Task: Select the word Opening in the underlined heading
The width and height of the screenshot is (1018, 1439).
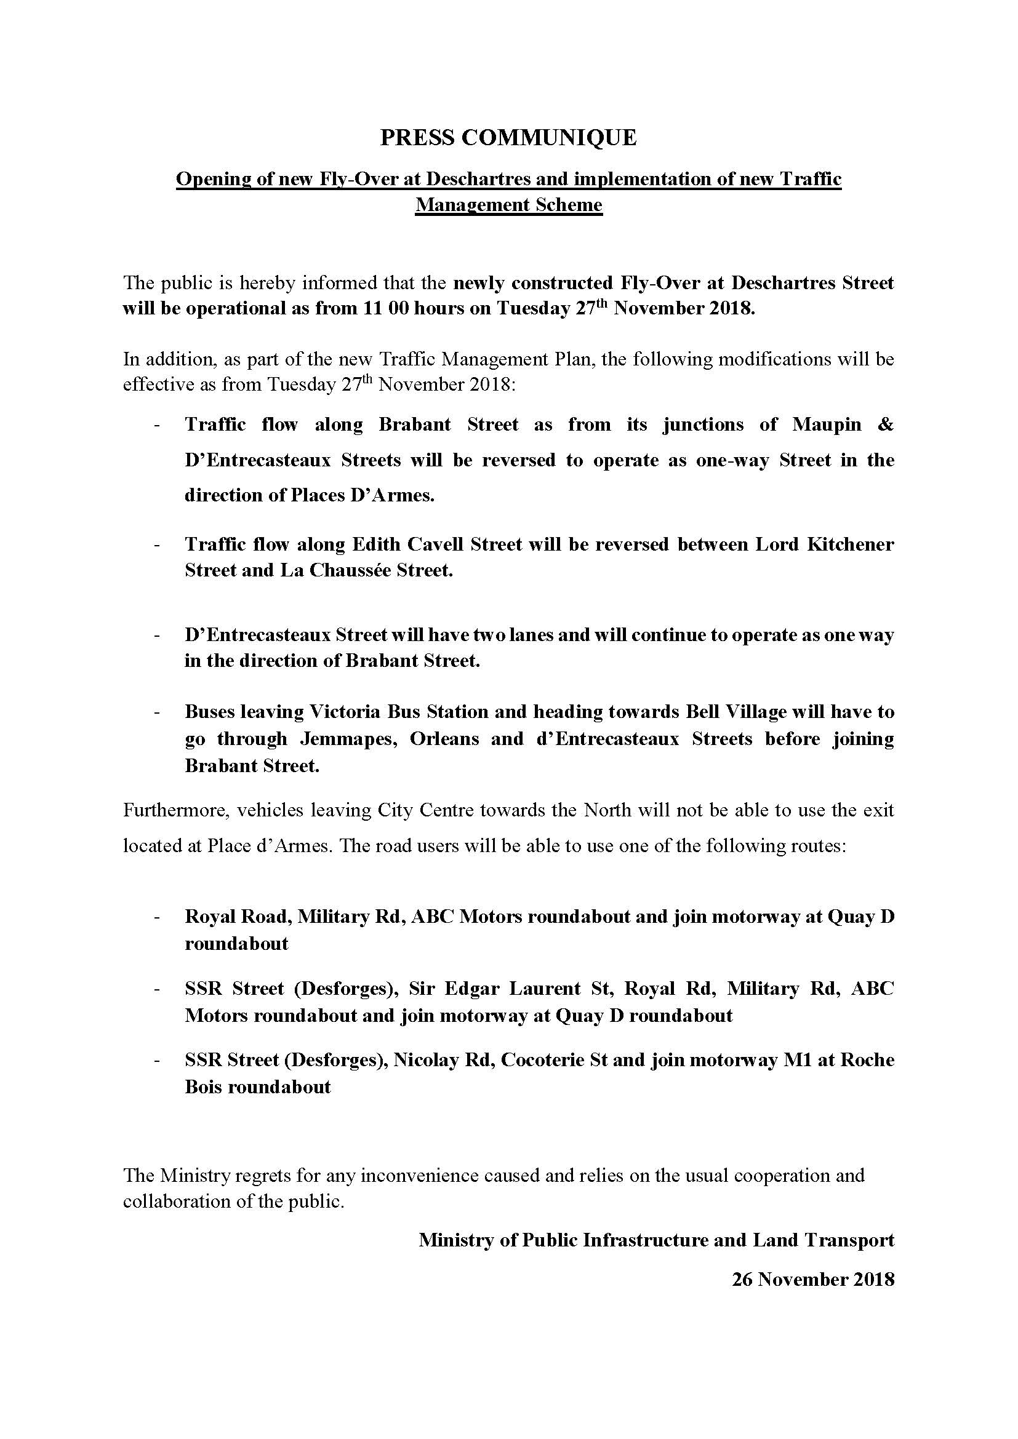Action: [x=211, y=180]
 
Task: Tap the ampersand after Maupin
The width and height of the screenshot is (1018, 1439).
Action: [x=885, y=425]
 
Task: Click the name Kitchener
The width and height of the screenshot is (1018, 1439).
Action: [x=850, y=544]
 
